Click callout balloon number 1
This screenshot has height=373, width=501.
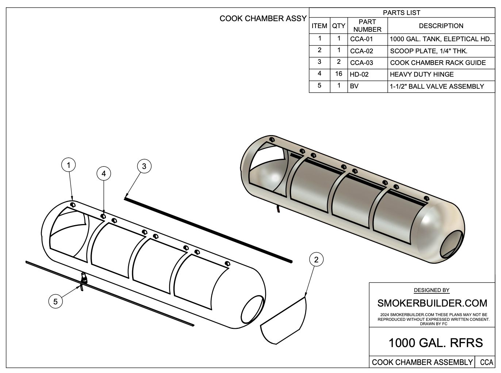pyautogui.click(x=68, y=165)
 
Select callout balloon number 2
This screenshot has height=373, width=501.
pyautogui.click(x=316, y=259)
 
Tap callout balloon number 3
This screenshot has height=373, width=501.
pyautogui.click(x=144, y=166)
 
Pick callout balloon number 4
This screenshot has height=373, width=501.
pyautogui.click(x=104, y=173)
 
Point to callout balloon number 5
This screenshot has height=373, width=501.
pyautogui.click(x=56, y=301)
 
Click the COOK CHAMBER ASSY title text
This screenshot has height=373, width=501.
pyautogui.click(x=263, y=19)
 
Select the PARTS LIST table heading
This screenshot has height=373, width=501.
pyautogui.click(x=401, y=12)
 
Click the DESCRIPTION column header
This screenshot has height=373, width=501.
pyautogui.click(x=441, y=26)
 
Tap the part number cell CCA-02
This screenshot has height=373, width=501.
pyautogui.click(x=362, y=51)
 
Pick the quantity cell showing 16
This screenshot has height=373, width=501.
pyautogui.click(x=339, y=74)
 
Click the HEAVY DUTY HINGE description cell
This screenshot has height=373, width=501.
pyautogui.click(x=422, y=74)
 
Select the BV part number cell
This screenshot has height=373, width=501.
pyautogui.click(x=354, y=86)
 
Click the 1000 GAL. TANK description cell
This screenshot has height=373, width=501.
pyautogui.click(x=440, y=39)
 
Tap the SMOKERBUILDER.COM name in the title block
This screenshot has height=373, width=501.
pyautogui.click(x=432, y=303)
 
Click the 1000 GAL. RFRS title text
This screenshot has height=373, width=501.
pyautogui.click(x=435, y=343)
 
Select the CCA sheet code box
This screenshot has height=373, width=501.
pyautogui.click(x=486, y=362)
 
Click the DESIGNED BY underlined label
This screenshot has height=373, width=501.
pyautogui.click(x=432, y=290)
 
